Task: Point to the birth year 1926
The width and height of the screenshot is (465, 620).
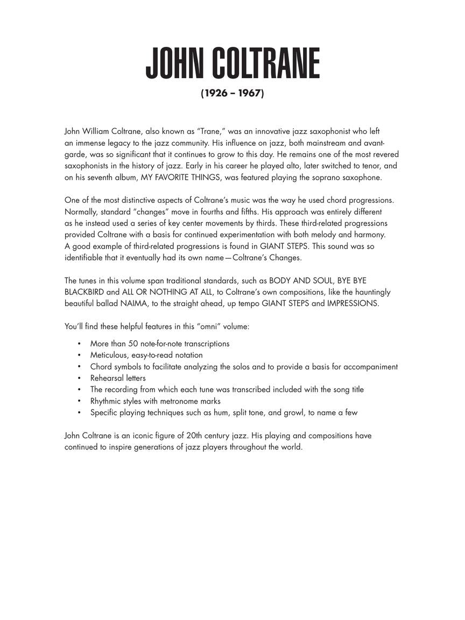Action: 215,94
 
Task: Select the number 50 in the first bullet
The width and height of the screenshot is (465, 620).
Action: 133,343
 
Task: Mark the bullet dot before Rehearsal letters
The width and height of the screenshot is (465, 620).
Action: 79,378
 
